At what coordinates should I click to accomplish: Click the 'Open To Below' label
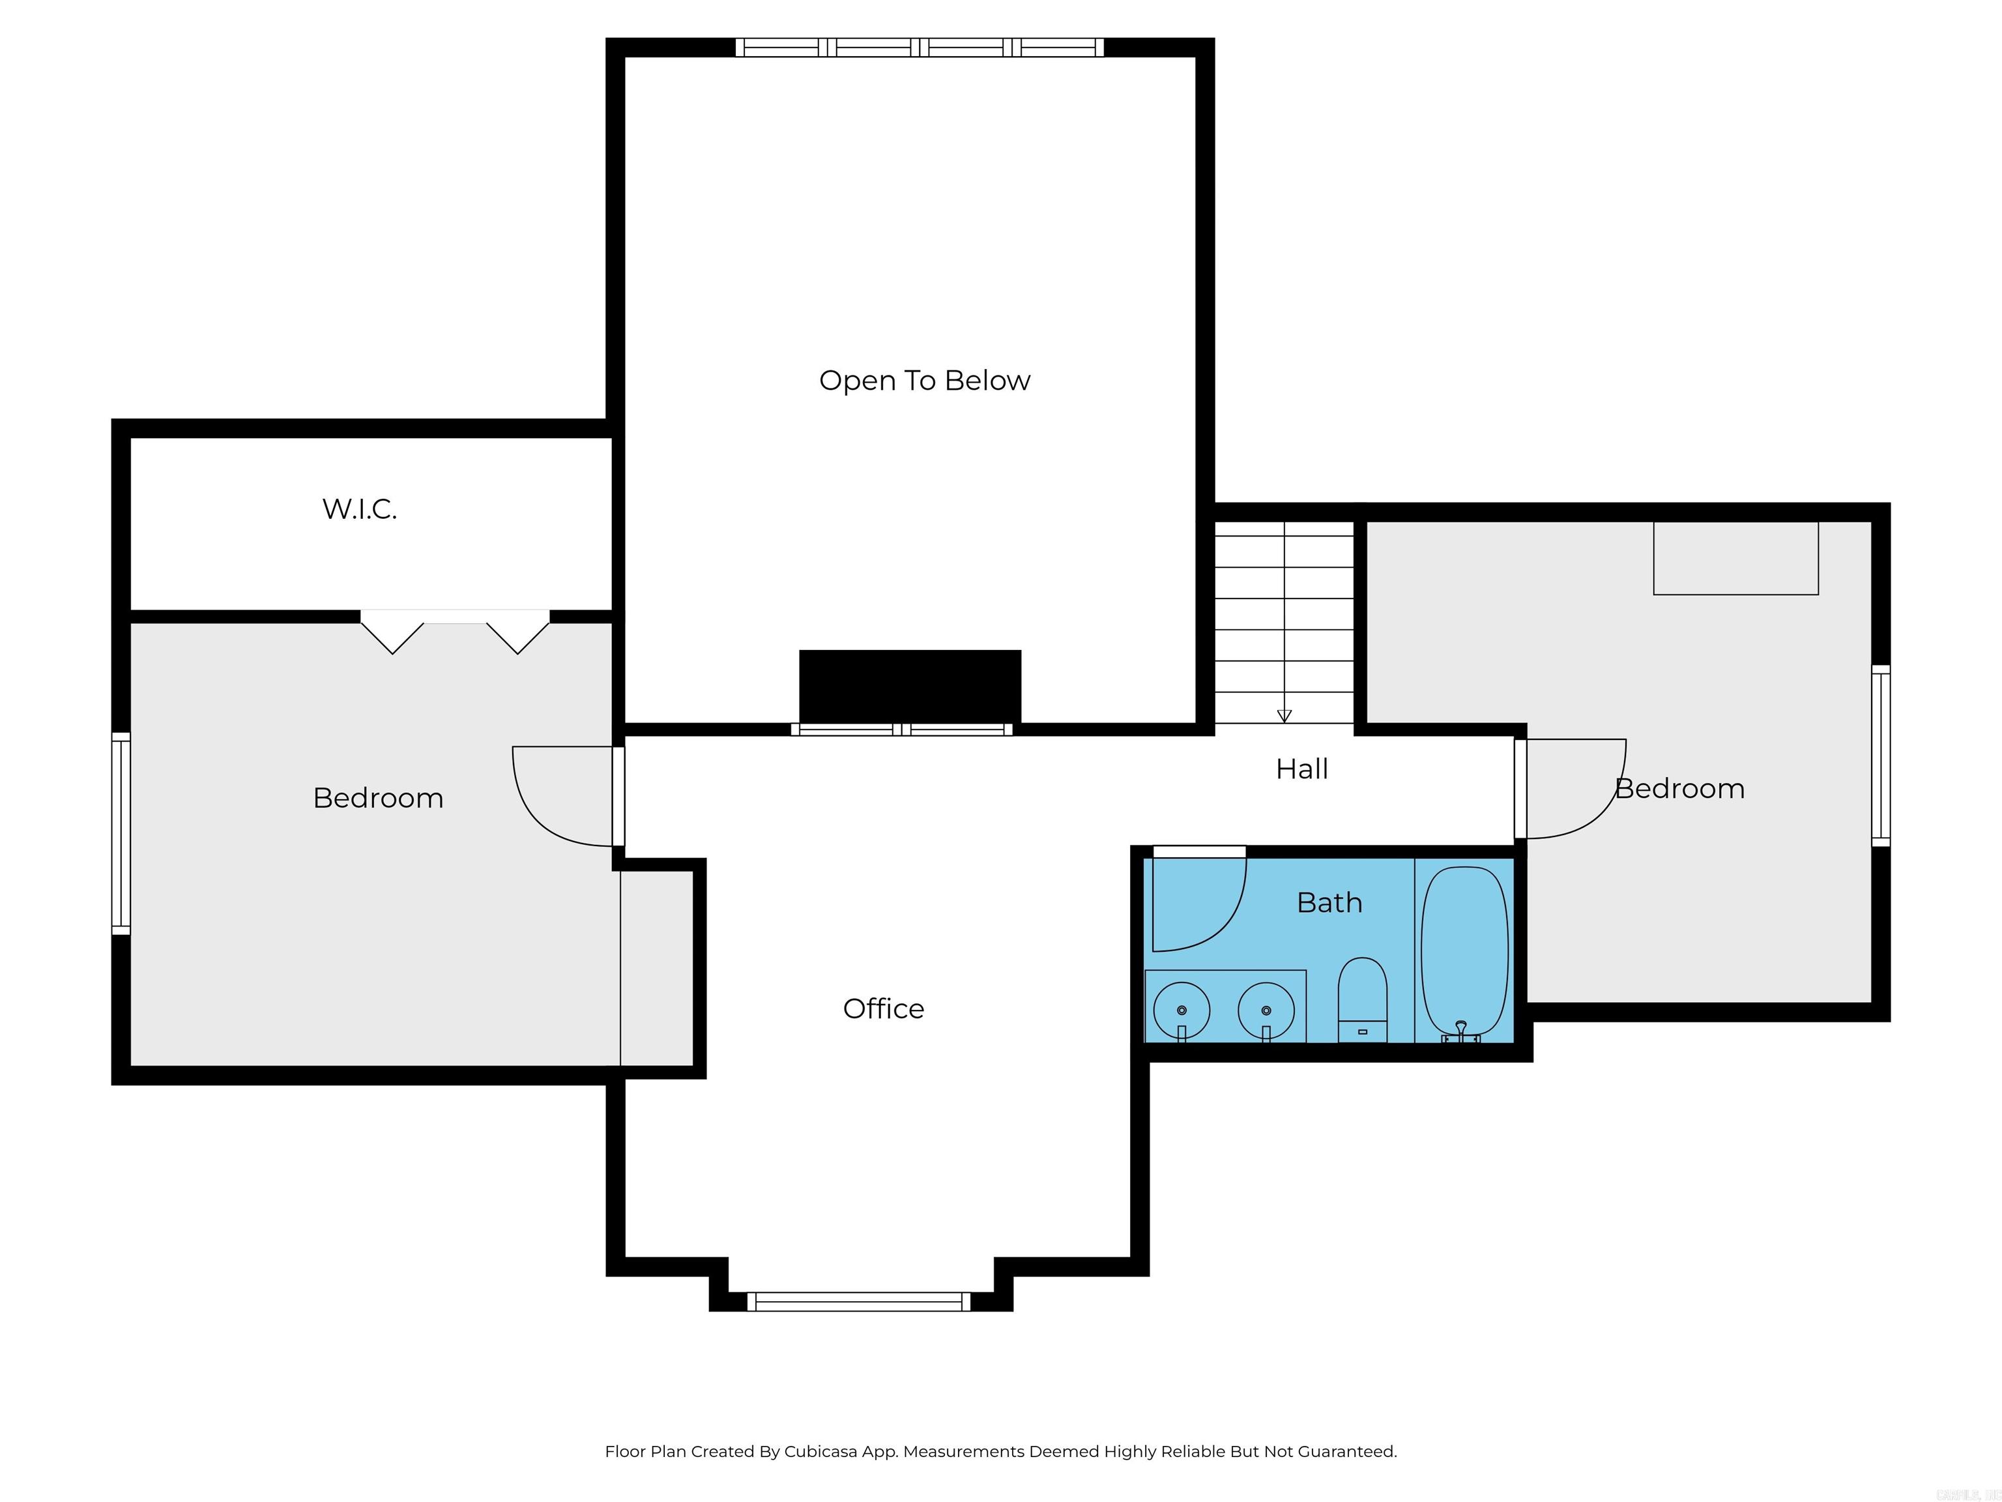click(x=924, y=380)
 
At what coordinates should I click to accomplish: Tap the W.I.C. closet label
click(x=359, y=508)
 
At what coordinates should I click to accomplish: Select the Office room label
click(x=883, y=1009)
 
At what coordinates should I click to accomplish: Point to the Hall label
click(x=1301, y=769)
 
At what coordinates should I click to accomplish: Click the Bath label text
click(x=1329, y=903)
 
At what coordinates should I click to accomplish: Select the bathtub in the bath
click(x=1464, y=950)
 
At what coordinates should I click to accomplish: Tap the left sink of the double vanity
click(x=1181, y=1009)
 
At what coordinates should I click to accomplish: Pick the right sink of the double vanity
click(x=1266, y=1009)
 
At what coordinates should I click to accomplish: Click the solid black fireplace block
click(x=910, y=685)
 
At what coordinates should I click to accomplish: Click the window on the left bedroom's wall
click(x=121, y=833)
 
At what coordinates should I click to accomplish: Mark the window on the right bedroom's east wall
click(x=1880, y=756)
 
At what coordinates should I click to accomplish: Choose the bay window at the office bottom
click(x=858, y=1302)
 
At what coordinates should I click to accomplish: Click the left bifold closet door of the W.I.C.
click(x=391, y=631)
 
